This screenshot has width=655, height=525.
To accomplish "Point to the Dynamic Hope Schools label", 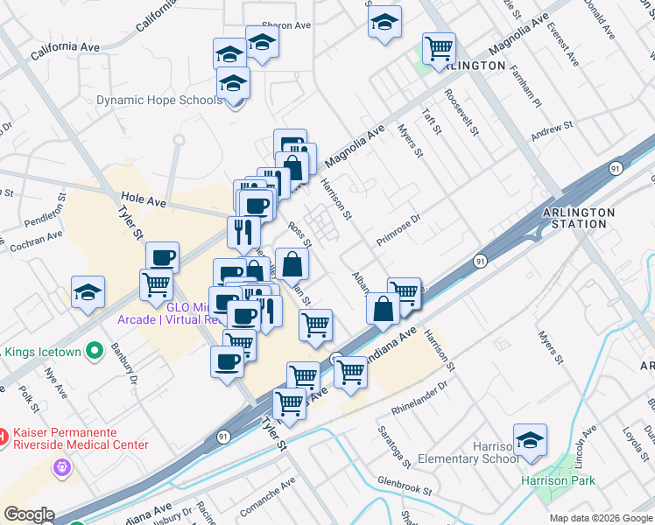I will (x=158, y=101).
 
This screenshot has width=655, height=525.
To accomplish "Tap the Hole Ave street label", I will (x=144, y=202).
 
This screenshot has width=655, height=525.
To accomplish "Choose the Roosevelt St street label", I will (x=461, y=113).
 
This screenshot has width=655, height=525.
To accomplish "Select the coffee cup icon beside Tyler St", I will (x=162, y=256).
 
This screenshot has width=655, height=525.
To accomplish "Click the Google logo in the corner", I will (x=28, y=514).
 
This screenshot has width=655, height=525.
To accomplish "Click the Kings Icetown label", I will (x=44, y=352).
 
